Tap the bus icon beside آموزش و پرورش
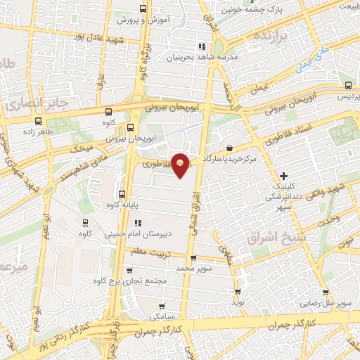coord(143,9)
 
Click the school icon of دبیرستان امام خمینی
coord(129,224)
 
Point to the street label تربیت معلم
coord(150,251)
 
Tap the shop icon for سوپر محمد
coord(193,258)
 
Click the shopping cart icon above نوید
coord(238,290)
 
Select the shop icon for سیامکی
coord(162,306)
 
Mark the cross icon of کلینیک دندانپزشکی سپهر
coord(283,175)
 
